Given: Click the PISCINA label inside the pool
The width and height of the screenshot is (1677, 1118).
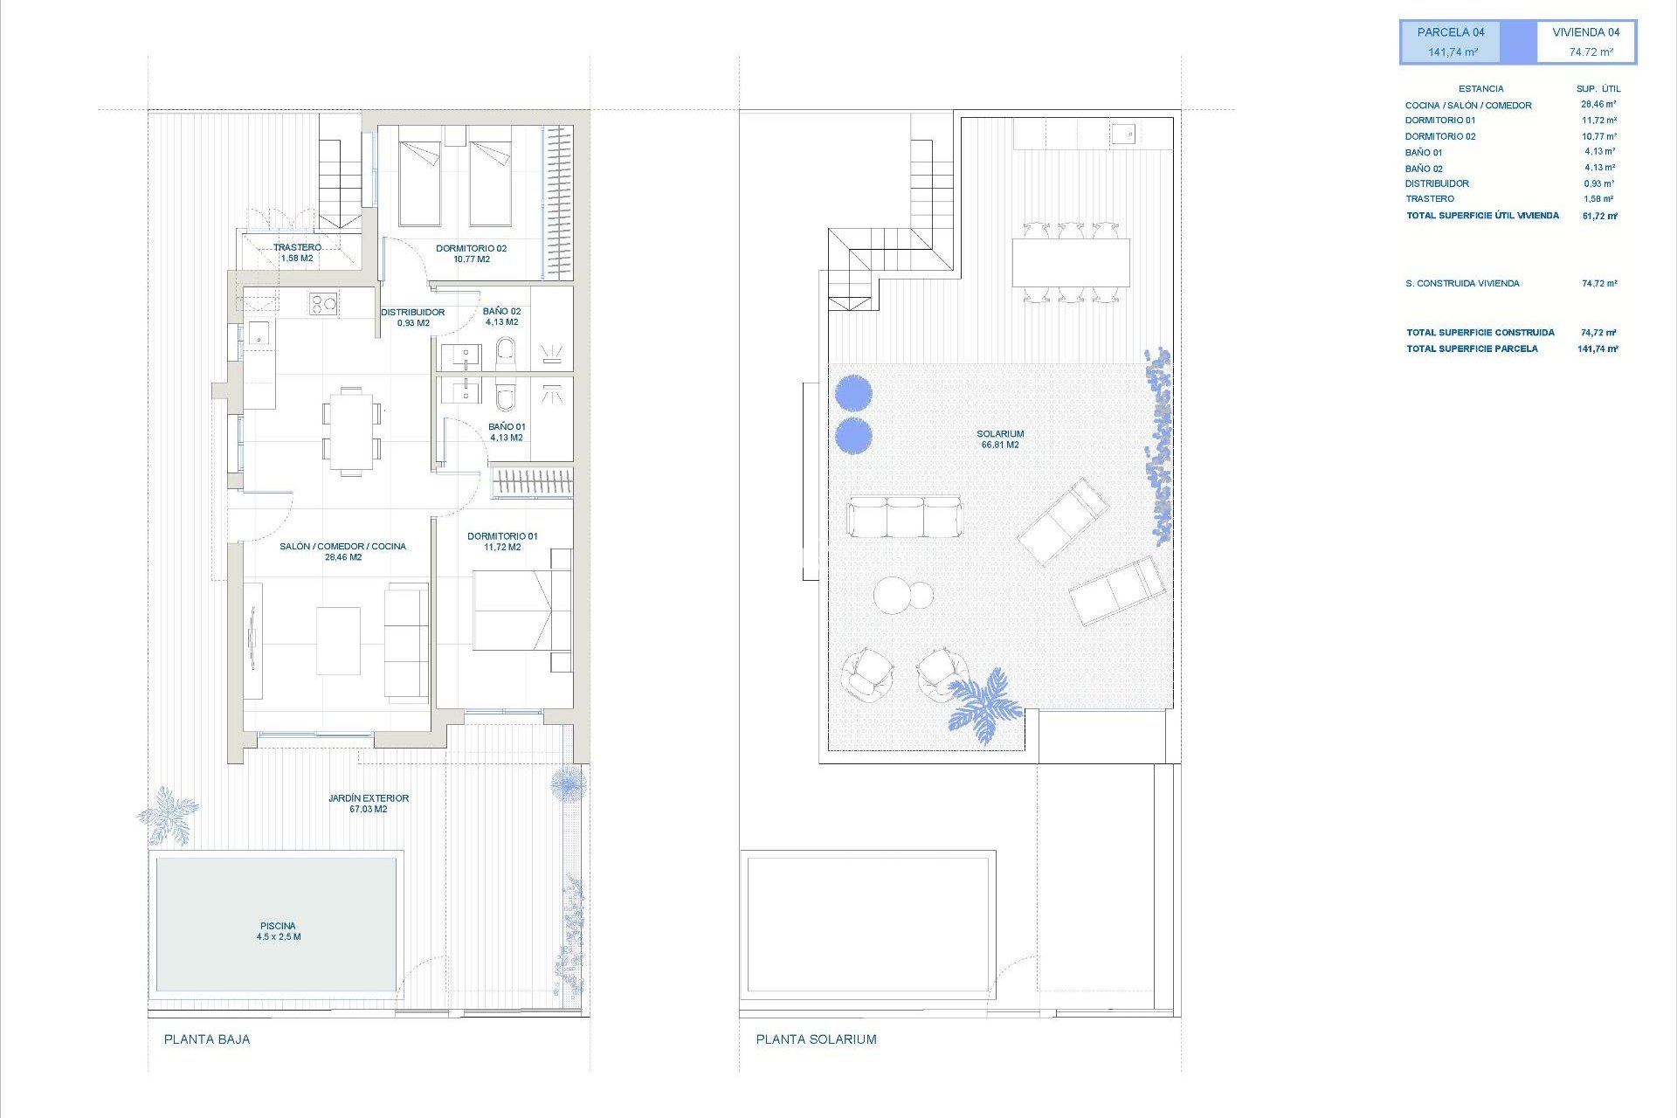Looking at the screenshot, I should (279, 931).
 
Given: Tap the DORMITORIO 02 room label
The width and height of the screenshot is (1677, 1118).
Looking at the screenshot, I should (471, 253).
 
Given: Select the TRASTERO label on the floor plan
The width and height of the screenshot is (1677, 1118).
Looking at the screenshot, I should (297, 252).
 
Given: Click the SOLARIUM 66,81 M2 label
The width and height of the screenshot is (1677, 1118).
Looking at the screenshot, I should (1000, 439).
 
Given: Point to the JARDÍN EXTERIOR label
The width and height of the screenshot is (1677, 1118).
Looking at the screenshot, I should (369, 804).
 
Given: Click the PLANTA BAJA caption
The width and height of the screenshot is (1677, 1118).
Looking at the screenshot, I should (207, 1039).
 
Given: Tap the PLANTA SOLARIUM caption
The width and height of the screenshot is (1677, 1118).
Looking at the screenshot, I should (816, 1039).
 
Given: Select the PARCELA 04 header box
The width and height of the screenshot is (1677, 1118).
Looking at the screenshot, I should (1451, 42).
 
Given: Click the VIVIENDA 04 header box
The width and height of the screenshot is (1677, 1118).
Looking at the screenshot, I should (1586, 42).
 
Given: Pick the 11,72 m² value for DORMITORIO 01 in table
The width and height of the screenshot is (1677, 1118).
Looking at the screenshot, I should (1598, 121).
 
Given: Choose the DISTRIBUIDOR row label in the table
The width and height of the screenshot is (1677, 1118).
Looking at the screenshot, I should (1437, 183).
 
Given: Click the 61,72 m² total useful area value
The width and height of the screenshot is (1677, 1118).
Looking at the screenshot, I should (1599, 216).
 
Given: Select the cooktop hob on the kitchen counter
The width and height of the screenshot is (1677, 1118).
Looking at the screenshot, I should (322, 304).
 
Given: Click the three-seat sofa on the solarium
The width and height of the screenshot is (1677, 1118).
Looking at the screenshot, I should (904, 516).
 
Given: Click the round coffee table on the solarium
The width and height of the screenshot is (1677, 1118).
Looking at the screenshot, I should (893, 596).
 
